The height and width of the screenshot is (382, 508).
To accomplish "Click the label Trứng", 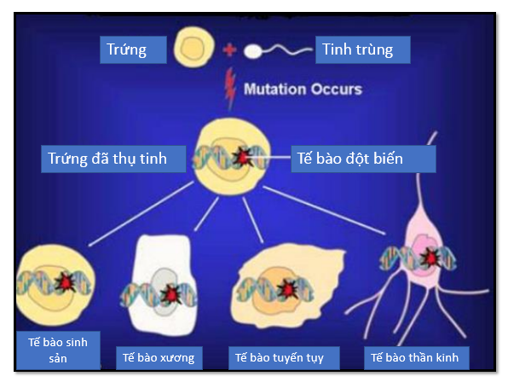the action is pyautogui.click(x=133, y=49).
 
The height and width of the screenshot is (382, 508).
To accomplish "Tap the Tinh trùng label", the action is pyautogui.click(x=363, y=49).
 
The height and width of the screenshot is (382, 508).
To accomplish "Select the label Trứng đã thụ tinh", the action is pyautogui.click(x=113, y=159).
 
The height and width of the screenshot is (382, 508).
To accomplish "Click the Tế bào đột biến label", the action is pyautogui.click(x=363, y=159).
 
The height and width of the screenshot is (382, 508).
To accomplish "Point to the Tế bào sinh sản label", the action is pyautogui.click(x=58, y=350).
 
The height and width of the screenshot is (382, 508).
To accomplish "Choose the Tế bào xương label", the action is pyautogui.click(x=159, y=358).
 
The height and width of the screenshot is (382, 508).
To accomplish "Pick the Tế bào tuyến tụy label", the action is pyautogui.click(x=284, y=358).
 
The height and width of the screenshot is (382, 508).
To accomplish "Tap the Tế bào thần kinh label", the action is pyautogui.click(x=416, y=358).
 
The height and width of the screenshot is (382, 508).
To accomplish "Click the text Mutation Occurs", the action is pyautogui.click(x=303, y=89).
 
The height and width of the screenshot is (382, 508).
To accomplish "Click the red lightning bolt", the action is pyautogui.click(x=230, y=88).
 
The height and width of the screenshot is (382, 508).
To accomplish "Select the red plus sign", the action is pyautogui.click(x=229, y=50).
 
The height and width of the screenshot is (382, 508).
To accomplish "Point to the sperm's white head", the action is pyautogui.click(x=252, y=51).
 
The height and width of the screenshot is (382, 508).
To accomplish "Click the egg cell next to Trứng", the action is pyautogui.click(x=193, y=47).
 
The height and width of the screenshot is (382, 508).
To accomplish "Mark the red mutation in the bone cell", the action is pyautogui.click(x=171, y=294).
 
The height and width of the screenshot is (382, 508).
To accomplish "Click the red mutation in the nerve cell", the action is pyautogui.click(x=430, y=257).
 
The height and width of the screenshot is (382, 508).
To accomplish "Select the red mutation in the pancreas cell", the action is pyautogui.click(x=287, y=288).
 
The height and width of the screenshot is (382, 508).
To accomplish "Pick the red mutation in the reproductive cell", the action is pyautogui.click(x=65, y=282).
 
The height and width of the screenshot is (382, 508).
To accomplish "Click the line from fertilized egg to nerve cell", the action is pyautogui.click(x=324, y=210).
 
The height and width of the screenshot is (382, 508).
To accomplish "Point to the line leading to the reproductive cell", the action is pyautogui.click(x=141, y=214).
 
